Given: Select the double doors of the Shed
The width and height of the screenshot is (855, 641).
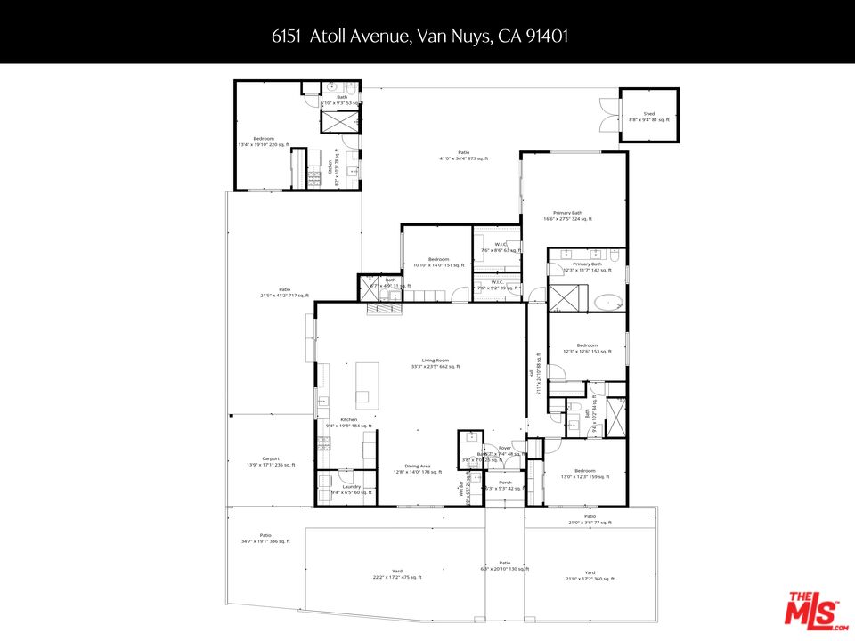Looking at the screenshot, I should coord(610,117).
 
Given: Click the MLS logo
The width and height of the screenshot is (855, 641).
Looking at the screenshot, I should coord(811,611).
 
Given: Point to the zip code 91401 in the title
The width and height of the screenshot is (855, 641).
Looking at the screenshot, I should coord(549,37).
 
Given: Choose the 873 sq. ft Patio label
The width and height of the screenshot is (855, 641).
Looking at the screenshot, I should coord(464,156).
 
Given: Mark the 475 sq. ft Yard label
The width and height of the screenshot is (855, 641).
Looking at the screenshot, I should coord(397,574).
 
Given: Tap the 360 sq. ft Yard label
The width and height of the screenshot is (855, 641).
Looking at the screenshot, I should coord(590,576).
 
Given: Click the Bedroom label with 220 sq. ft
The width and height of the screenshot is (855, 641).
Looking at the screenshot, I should coord(264,142).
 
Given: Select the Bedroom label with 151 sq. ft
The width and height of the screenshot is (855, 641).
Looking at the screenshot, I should coord(438,262).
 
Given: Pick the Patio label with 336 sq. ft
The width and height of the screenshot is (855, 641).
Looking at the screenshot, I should coord(265,538).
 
